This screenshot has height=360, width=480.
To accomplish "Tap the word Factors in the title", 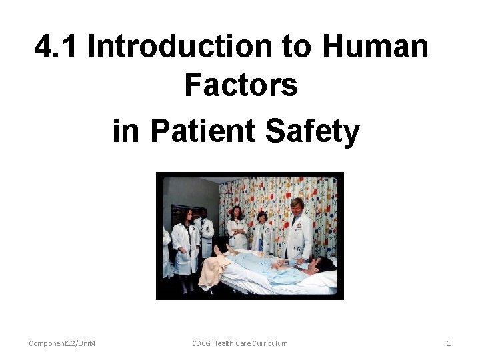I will [241, 85].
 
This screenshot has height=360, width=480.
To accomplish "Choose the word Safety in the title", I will [312, 131].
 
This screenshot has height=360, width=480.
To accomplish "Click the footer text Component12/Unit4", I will [62, 343].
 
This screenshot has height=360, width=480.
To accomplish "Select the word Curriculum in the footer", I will [265, 343].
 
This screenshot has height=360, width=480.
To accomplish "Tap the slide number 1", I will [449, 343].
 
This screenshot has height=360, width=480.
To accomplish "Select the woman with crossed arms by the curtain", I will [237, 230].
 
